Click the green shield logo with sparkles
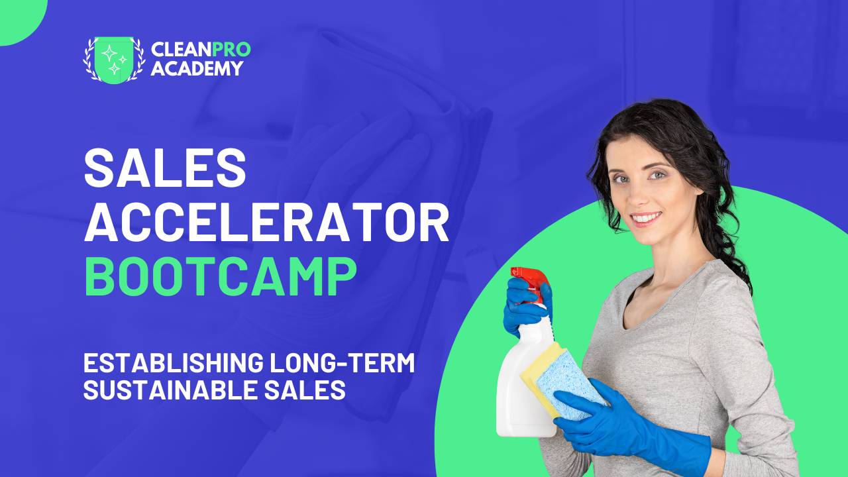tap(114, 60)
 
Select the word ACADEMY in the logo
tap(197, 68)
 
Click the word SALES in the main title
tap(165, 168)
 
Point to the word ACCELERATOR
tap(266, 222)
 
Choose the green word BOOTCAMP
tap(221, 276)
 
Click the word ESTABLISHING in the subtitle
tap(173, 362)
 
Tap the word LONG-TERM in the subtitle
tap(343, 362)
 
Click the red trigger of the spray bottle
tap(529, 280)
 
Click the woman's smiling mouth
tap(646, 219)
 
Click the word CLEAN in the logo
tap(182, 50)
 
